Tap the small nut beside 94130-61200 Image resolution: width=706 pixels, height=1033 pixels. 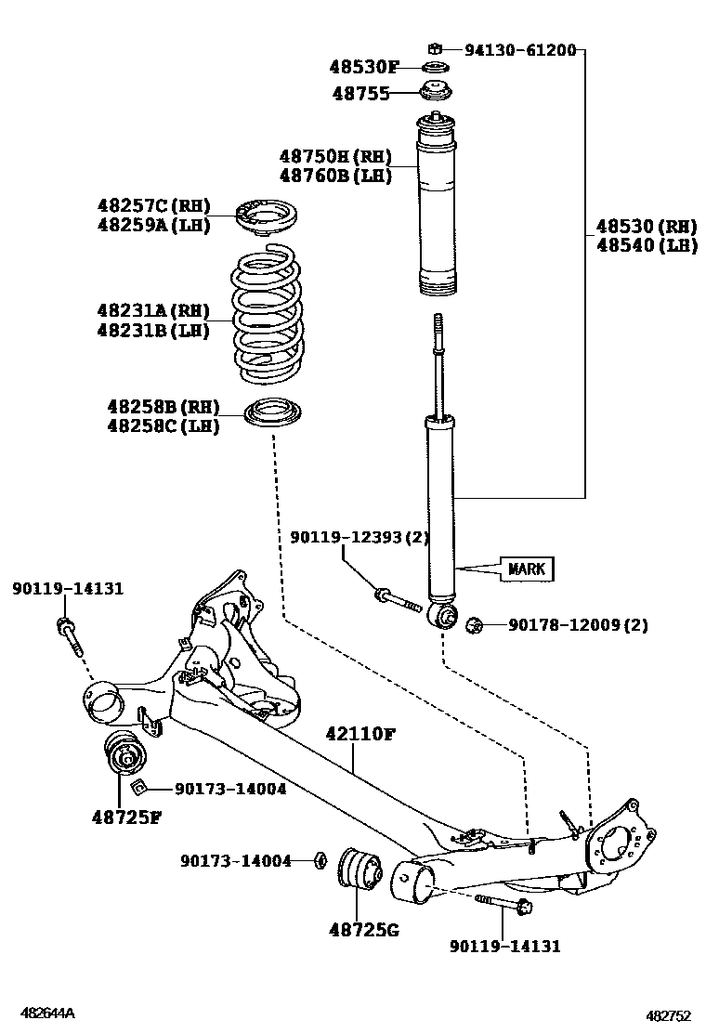pos(433,48)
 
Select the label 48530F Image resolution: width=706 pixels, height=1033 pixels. pos(363,67)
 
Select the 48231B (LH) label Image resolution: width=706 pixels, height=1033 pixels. pos(152,329)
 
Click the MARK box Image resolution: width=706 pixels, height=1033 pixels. pos(527,568)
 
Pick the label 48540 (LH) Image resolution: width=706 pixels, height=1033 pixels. pos(647,245)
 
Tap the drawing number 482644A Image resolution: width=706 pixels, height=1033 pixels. pos(49,1013)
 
